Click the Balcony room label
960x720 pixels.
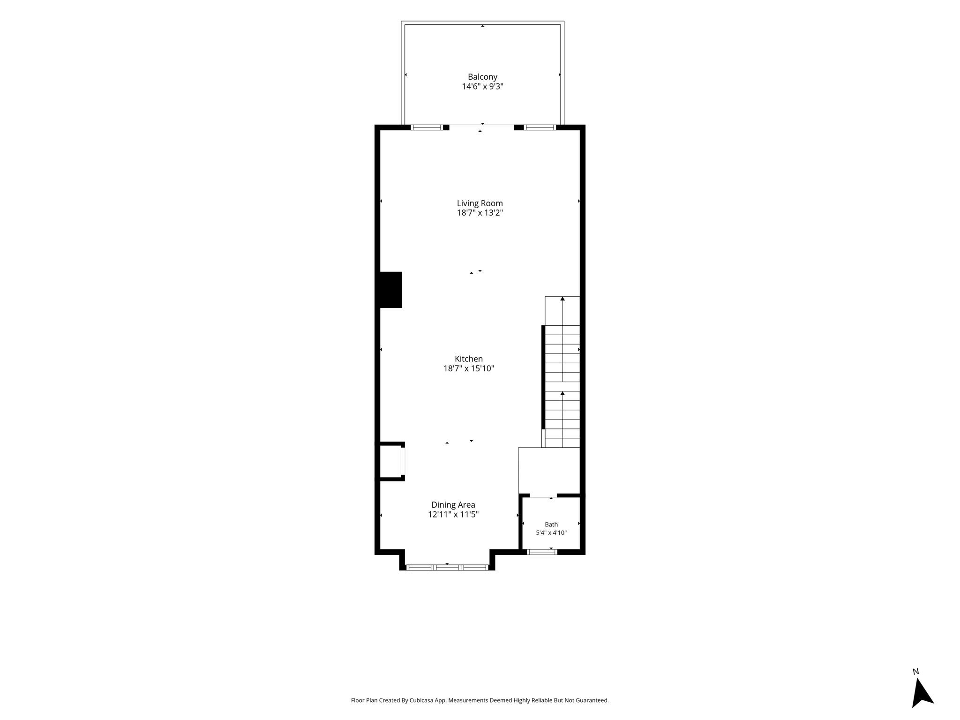[x=482, y=77]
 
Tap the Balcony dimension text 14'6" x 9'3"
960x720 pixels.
[x=482, y=86]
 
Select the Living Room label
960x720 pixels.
[x=480, y=203]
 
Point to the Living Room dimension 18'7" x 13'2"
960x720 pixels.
[x=480, y=213]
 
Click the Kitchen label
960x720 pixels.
[x=469, y=359]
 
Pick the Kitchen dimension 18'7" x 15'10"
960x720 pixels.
[x=469, y=368]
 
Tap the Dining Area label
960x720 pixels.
[x=453, y=505]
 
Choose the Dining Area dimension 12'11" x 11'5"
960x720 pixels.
[x=453, y=514]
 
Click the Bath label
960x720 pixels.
[x=551, y=525]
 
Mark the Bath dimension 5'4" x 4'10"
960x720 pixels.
[x=551, y=533]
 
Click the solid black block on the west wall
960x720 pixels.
[x=389, y=290]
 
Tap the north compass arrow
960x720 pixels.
[x=922, y=693]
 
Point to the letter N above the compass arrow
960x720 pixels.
[x=916, y=672]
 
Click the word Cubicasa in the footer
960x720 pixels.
[x=421, y=700]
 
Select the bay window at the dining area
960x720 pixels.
[x=447, y=567]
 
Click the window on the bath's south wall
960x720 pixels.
[x=542, y=552]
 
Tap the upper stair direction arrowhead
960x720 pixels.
[x=562, y=299]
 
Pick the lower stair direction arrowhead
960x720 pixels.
[x=562, y=393]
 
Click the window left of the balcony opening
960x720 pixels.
[x=427, y=127]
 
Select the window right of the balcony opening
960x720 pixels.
[x=540, y=127]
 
